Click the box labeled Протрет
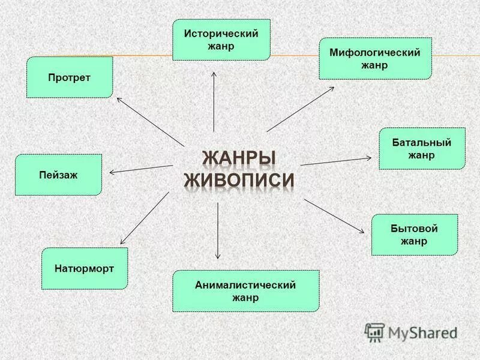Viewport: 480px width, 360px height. tap(70, 77)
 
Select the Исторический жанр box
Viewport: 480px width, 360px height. tap(221, 40)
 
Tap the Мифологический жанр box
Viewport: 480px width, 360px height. tap(375, 59)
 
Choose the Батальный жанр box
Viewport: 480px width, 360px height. tap(422, 148)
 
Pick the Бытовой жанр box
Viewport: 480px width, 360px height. tap(415, 235)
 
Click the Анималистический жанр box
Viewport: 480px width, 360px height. tap(245, 291)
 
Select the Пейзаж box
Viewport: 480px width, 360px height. tap(58, 175)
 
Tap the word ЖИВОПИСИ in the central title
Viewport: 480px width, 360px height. tap(239, 181)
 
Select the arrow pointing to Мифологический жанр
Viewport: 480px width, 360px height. tap(300, 109)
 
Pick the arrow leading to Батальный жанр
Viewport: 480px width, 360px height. tap(336, 161)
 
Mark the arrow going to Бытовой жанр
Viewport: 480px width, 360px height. tap(334, 216)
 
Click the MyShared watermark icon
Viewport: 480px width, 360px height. tap(374, 332)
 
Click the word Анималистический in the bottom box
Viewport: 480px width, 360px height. tap(245, 285)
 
